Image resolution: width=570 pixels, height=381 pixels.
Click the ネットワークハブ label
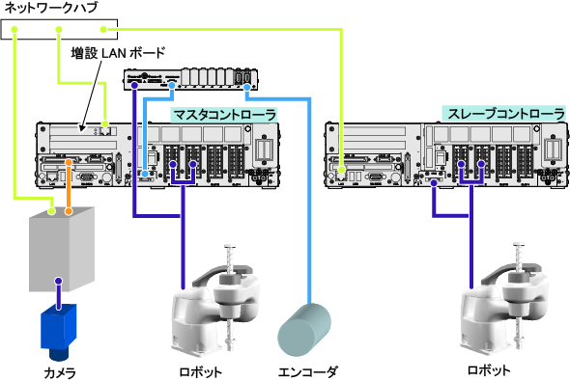coord(50,8)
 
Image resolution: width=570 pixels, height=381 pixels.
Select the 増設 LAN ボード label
coord(118,53)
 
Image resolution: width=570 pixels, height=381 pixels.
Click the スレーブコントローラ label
coord(505,114)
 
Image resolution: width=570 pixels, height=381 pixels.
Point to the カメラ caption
coord(60,373)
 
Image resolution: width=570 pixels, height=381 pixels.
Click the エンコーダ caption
coord(308,372)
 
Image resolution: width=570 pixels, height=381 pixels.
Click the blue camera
coord(59,332)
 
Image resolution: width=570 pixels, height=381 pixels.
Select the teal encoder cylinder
coord(304,330)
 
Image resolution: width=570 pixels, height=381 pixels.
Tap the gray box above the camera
coord(62,249)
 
